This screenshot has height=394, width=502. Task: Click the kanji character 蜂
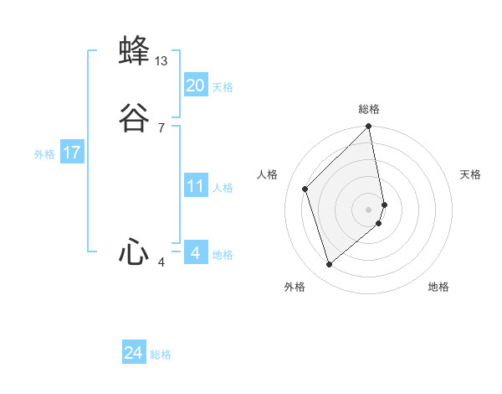[135, 50]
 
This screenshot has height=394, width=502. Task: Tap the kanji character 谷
[135, 118]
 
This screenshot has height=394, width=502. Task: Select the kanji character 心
[135, 252]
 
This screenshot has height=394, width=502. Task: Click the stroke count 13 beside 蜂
[161, 61]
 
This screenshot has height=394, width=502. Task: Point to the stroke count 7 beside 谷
[161, 128]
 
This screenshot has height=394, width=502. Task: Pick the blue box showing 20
[196, 86]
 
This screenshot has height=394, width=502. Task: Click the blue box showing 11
[196, 186]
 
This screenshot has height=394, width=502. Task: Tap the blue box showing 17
[72, 153]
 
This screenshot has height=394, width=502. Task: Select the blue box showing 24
[134, 354]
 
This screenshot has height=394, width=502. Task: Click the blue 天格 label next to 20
[223, 87]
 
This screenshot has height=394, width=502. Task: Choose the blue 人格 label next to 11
[223, 188]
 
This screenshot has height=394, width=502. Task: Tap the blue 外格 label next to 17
[44, 154]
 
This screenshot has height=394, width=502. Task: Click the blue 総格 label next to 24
[161, 355]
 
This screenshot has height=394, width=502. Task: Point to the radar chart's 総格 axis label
[369, 109]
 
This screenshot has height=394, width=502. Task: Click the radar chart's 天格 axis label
[470, 174]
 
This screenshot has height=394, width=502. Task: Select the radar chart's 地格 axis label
[438, 287]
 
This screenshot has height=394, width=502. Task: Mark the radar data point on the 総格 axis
[369, 127]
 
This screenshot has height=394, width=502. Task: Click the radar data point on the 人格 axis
[305, 189]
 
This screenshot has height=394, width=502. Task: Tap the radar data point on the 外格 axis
[329, 265]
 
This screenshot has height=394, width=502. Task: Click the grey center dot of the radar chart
[369, 209]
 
